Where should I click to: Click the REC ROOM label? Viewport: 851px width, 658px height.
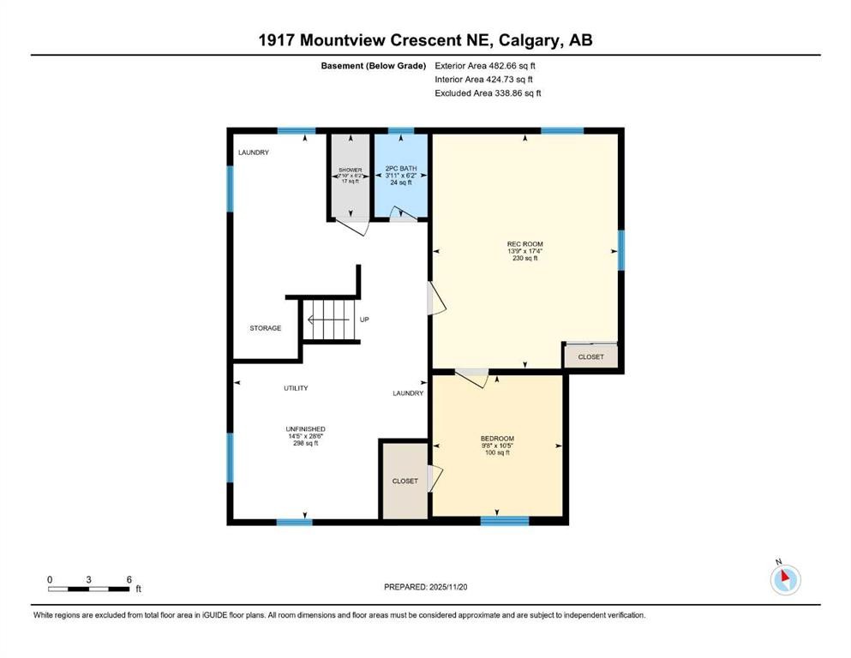[x=524, y=244]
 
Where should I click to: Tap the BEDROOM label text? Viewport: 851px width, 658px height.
[x=497, y=438]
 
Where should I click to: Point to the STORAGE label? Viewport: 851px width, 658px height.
[x=265, y=328]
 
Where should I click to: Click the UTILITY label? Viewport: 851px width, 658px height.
[x=296, y=388]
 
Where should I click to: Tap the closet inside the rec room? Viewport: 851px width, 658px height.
[x=590, y=357]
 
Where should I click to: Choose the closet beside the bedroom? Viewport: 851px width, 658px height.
[x=405, y=481]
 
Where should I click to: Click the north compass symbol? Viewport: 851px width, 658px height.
[x=785, y=580]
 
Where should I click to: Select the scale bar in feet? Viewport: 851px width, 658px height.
[x=89, y=589]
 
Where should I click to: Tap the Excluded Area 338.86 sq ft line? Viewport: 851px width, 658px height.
[x=488, y=93]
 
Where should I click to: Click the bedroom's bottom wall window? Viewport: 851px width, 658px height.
[x=505, y=520]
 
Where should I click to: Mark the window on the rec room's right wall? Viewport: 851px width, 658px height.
[x=621, y=250]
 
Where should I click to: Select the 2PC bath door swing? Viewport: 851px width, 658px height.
[x=402, y=214]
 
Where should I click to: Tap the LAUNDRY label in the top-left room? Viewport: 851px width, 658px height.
[x=253, y=153]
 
